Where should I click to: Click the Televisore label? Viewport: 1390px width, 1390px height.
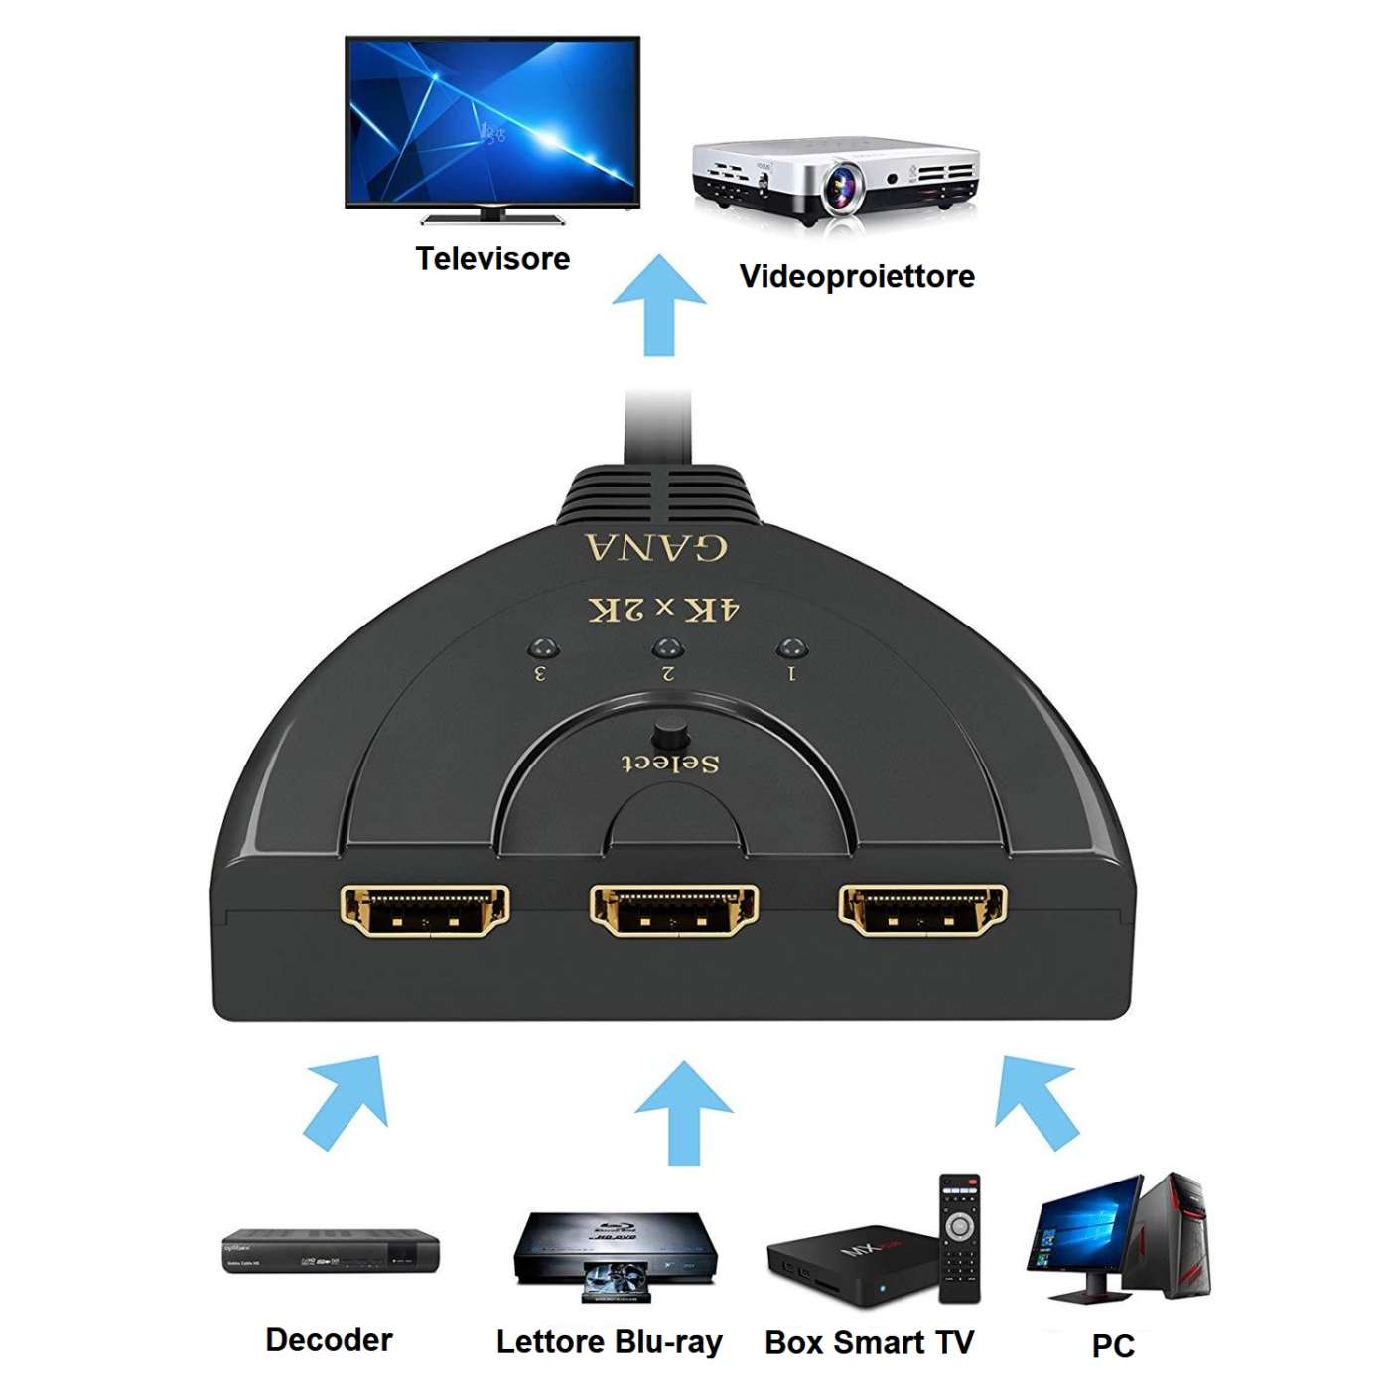point(492,259)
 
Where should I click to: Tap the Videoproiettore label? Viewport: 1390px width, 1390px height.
point(857,276)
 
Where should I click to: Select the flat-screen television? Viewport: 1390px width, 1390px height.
point(492,123)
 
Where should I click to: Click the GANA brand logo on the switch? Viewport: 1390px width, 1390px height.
point(656,547)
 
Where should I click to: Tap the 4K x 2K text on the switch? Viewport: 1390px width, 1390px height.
point(664,609)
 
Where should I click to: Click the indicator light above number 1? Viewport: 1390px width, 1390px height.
point(790,648)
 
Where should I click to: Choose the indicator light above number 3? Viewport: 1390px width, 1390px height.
point(542,648)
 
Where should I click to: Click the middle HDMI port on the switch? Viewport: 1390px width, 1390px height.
point(674,910)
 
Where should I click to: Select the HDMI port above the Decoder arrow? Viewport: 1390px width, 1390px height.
point(425,910)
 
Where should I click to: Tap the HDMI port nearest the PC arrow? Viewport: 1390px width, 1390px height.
point(922,910)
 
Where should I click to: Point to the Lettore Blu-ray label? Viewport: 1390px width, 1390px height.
point(609,1342)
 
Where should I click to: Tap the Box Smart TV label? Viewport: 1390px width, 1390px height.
point(869,1342)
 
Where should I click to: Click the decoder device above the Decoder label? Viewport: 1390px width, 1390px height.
point(331,1252)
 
